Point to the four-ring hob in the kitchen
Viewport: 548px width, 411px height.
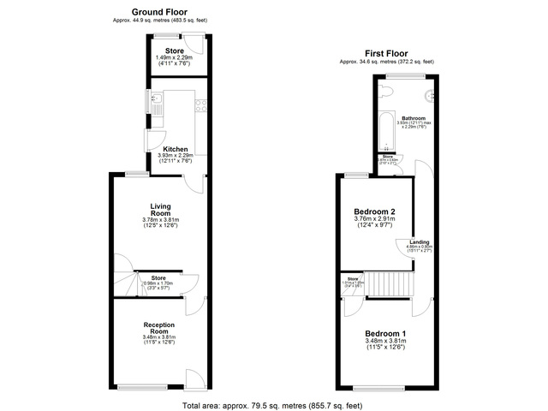coord(200,106)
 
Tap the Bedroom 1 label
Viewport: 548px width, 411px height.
coord(386,332)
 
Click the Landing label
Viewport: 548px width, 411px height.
coord(419,242)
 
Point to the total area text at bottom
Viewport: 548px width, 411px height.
coord(273,404)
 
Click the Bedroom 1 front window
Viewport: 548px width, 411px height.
coord(390,388)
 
